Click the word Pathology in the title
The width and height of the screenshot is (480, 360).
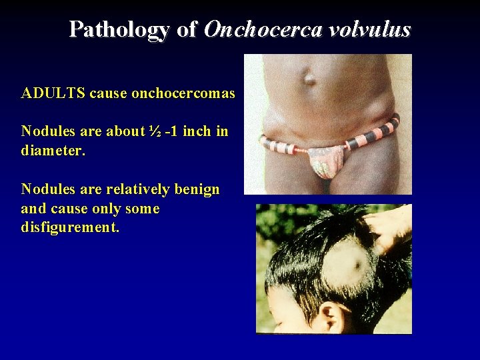pos(119,29)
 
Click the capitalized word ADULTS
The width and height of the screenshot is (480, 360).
pos(53,93)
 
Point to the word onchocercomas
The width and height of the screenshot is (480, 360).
pos(183,93)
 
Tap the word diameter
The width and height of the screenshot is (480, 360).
pos(53,151)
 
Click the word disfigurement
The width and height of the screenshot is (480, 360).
pos(70,228)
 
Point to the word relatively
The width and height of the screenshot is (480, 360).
pos(137,189)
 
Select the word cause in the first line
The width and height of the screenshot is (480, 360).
pos(109,93)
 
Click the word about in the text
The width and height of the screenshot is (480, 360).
pos(125,131)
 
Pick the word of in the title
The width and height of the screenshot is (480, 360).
pos(187,29)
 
